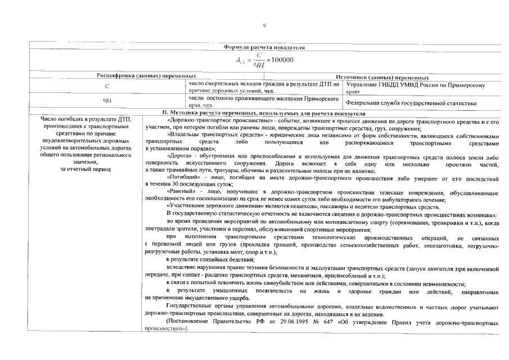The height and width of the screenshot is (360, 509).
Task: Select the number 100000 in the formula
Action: coord(280,61)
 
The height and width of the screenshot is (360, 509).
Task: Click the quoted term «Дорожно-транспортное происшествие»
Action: coord(208,121)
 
